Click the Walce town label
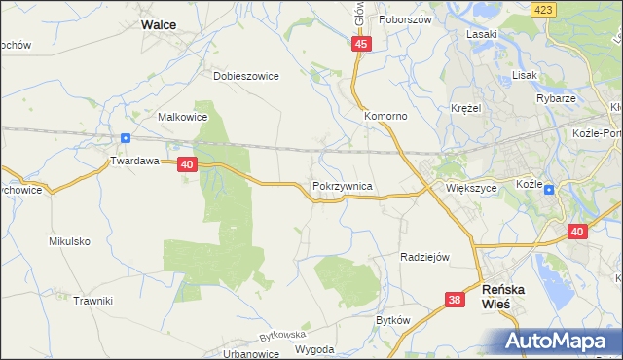165,25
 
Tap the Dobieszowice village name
246,75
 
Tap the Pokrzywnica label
343,184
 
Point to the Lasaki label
482,34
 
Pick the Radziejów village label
424,257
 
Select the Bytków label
393,320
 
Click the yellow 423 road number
543,8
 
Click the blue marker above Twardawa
126,138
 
